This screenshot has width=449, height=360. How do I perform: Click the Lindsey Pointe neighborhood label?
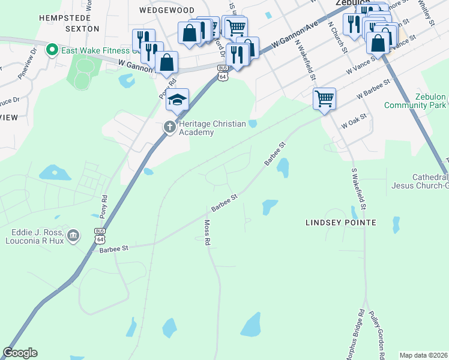(341, 223)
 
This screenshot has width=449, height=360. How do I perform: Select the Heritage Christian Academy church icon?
(170, 127)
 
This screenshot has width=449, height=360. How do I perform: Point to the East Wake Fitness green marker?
(52, 49)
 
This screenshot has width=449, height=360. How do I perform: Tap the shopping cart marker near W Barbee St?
(324, 98)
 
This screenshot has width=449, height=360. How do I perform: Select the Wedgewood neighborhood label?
(167, 10)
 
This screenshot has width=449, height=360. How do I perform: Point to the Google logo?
(20, 353)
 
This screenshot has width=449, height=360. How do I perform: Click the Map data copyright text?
(423, 355)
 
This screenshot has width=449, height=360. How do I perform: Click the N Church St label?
(337, 38)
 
